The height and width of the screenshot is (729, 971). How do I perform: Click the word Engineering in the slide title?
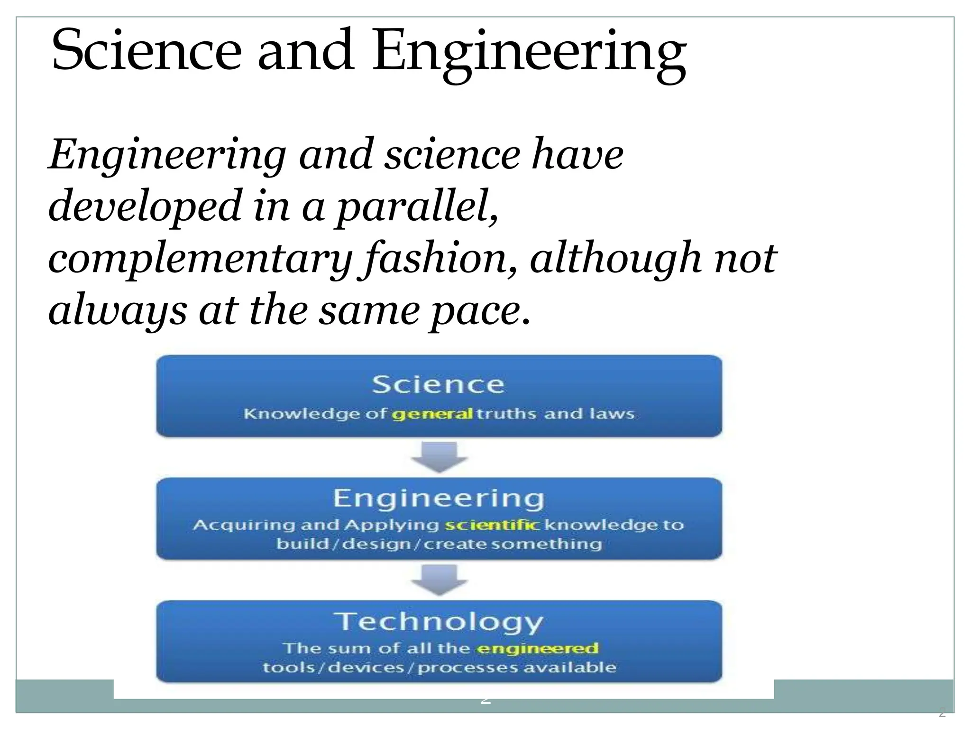(x=530, y=53)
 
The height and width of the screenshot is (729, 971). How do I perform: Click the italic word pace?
(x=479, y=312)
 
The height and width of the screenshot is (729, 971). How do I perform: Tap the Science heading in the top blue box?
(x=438, y=384)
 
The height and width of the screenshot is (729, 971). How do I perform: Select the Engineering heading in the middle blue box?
(x=439, y=499)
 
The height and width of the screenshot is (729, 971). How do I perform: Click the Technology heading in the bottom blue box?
(x=438, y=622)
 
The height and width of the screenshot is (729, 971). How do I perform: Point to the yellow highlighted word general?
(x=432, y=414)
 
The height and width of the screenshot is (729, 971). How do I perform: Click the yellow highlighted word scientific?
(x=492, y=525)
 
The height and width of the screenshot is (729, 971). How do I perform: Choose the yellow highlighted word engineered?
(x=538, y=648)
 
